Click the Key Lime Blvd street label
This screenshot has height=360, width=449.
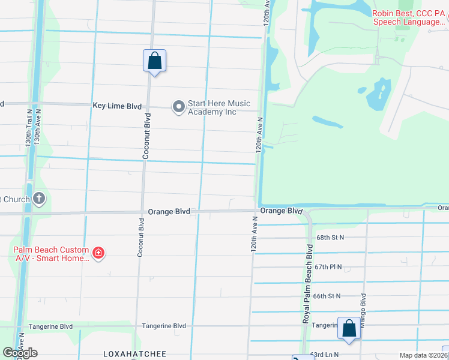pos(117,106)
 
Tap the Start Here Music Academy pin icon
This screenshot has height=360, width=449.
pos(178,107)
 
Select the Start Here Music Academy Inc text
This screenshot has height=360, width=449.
pos(218,107)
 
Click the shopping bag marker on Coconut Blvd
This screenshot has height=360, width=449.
pos(154,61)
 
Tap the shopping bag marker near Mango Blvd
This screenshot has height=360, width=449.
pos(349,328)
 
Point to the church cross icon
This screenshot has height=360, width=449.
pos(39,198)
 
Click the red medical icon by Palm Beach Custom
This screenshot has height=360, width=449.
pos(98,254)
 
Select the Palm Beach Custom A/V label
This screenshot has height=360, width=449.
pos(51,254)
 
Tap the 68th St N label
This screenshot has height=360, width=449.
pos(330,238)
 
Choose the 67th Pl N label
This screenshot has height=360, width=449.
pos(328,267)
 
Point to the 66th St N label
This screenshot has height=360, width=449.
pos(327,296)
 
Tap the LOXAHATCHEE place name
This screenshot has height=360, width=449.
pos(134,355)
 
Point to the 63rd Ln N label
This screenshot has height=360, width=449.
pos(324,355)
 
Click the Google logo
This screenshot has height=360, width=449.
pos(20,353)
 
